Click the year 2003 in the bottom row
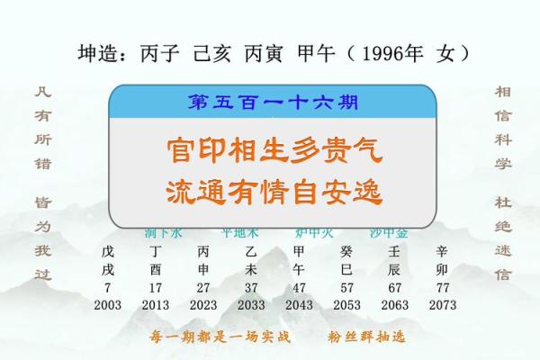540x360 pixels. click(108, 305)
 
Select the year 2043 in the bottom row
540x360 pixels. click(299, 305)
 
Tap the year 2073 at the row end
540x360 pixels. click(442, 305)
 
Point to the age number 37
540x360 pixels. click(251, 287)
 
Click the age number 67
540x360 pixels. click(394, 287)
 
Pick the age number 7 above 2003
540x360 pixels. click(108, 287)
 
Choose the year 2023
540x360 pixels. click(203, 305)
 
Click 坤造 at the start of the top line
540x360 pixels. click(100, 54)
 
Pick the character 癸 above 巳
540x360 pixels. click(346, 251)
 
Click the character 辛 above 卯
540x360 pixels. click(442, 251)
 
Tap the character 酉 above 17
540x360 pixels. click(156, 269)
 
